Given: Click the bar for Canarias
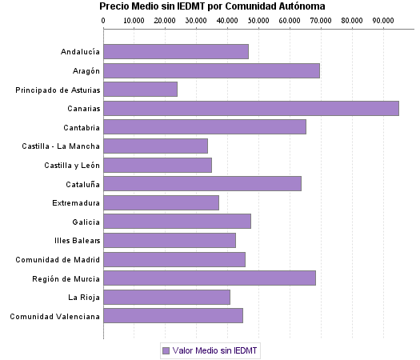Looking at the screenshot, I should coord(250,108).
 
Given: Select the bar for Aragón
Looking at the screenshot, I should coord(211,70).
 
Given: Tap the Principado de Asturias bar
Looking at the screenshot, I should coord(140,90).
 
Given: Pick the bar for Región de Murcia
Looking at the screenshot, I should coord(209,278).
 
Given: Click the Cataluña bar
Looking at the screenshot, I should coord(202,183).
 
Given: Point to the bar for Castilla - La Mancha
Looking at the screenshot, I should coord(155,146).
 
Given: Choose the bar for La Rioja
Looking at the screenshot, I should coord(166,297).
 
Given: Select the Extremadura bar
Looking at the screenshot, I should coord(161,202).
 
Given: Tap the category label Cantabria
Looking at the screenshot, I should coord(82,127).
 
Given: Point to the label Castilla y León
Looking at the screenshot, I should coord(72,165).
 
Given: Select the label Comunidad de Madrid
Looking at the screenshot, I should coord(58,259).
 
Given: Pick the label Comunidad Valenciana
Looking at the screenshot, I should coord(54,316).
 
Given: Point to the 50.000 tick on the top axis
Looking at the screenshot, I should coord(258,19).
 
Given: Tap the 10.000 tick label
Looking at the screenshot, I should coord(134,19).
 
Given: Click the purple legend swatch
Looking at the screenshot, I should coord(166,350).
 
